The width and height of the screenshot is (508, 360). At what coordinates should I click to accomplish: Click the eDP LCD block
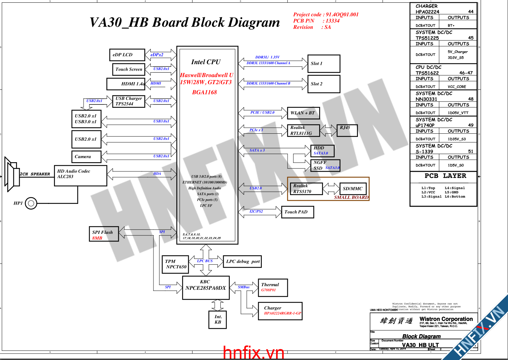[x=127, y=55]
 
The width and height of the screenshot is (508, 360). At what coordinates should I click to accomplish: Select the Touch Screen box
[x=128, y=69]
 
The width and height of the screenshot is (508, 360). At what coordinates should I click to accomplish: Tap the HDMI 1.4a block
[x=126, y=84]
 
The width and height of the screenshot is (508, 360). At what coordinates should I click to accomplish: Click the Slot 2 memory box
[x=324, y=84]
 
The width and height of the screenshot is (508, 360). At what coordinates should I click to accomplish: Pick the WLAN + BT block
[x=304, y=113]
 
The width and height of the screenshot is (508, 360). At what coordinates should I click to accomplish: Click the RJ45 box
[x=347, y=130]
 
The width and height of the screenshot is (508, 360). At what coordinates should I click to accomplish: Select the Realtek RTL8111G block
[x=304, y=130]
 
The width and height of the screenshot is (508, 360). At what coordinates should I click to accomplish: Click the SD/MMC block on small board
[x=353, y=189]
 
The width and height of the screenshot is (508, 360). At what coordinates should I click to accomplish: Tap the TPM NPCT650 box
[x=175, y=264]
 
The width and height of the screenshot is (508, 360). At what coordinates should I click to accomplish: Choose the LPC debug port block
[x=242, y=262]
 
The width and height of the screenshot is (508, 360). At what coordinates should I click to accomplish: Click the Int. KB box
[x=218, y=319]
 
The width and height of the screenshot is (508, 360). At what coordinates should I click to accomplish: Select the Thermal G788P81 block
[x=273, y=287]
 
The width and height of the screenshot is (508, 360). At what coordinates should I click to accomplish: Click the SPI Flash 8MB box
[x=104, y=234]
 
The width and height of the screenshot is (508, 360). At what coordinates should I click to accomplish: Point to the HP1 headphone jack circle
[x=31, y=203]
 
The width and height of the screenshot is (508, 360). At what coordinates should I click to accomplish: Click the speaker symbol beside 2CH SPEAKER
[x=12, y=174]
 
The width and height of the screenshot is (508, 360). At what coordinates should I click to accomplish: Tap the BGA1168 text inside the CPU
[x=204, y=92]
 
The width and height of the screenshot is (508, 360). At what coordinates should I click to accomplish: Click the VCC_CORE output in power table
[x=457, y=87]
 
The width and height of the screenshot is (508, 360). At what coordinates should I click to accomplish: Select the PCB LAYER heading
[x=445, y=176]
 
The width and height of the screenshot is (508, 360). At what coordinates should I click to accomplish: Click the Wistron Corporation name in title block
[x=446, y=319]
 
